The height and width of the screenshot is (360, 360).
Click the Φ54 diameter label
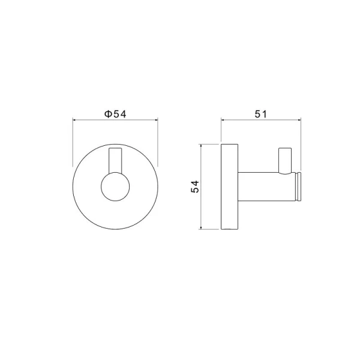coord(115,114)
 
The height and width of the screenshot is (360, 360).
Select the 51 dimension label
coord(261,114)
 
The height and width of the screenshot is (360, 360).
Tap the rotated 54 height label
coord(195,187)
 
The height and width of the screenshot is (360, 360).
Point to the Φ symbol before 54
coord(108,114)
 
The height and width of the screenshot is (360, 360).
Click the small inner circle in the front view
coord(115,187)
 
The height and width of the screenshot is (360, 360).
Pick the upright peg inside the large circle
coord(115,160)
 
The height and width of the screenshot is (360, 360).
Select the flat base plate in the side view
coord(229,187)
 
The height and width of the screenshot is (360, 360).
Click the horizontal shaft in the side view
coord(266,187)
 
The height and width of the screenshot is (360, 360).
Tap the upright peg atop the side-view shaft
coord(285,161)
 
